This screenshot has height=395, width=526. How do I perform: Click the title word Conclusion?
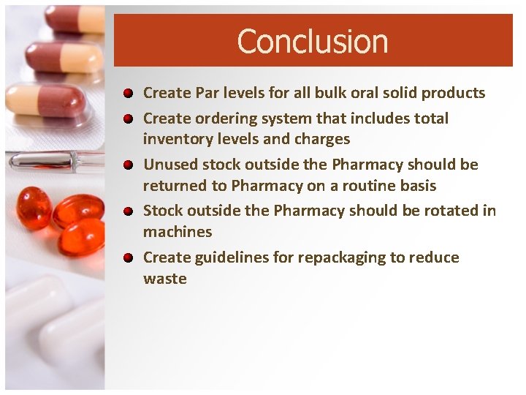(x=313, y=42)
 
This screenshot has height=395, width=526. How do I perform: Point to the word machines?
(x=178, y=232)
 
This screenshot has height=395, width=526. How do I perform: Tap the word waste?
(x=165, y=279)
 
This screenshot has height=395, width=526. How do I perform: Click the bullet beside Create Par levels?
(x=128, y=94)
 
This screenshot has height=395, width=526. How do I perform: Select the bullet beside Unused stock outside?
(x=128, y=165)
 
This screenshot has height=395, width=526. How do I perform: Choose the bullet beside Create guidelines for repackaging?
(x=128, y=258)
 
